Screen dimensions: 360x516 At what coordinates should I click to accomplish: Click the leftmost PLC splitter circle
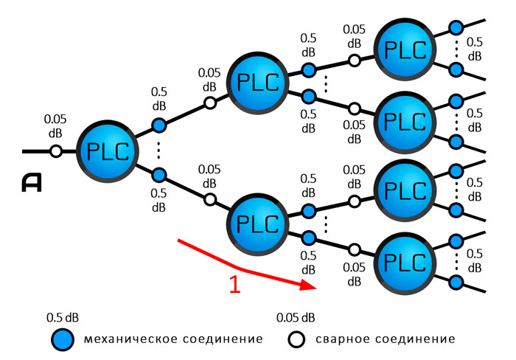point(108,151)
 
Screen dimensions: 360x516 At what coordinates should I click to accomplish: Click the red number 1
point(235,285)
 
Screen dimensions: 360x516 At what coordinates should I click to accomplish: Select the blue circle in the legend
point(63,340)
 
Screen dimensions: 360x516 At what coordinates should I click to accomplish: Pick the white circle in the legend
point(296,340)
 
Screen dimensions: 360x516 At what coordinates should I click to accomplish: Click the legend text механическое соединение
point(173,340)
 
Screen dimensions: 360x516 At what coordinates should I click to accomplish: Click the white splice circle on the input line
point(55,151)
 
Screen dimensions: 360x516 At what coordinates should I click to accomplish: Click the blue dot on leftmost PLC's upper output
point(158,126)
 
